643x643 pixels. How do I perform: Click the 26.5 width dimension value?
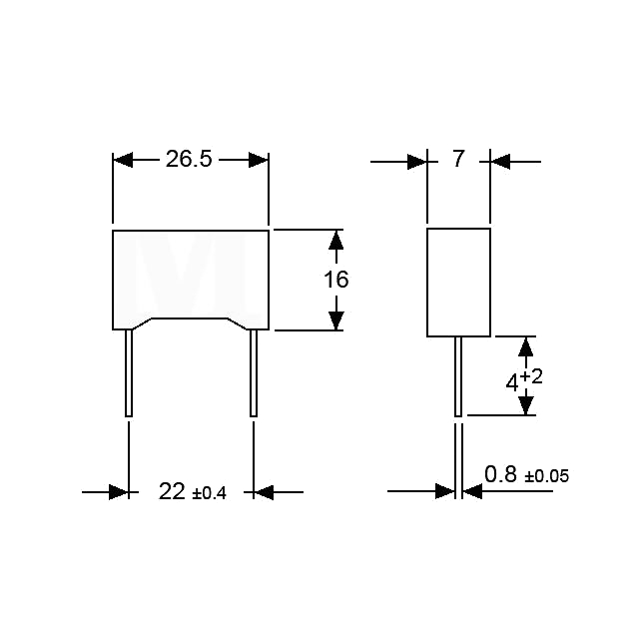click(x=189, y=159)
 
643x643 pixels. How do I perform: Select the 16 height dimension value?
click(x=336, y=280)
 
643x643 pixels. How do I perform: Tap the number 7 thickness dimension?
click(x=458, y=159)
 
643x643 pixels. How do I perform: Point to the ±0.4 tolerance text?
click(x=209, y=493)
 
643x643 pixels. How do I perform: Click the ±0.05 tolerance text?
click(x=547, y=476)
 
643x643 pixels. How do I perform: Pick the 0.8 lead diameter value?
click(x=500, y=474)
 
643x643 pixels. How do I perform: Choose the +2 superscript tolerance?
click(x=531, y=376)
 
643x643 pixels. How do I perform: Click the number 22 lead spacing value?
click(x=172, y=491)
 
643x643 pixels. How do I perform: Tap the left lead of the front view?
click(x=129, y=372)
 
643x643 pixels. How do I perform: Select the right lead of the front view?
click(x=254, y=372)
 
